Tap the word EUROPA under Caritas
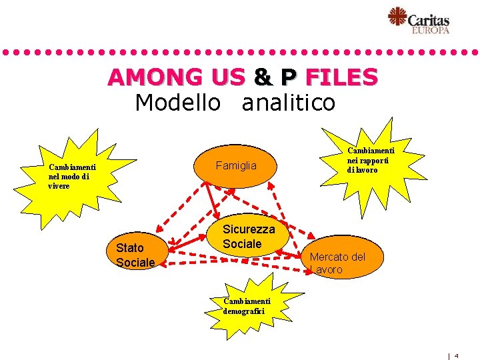tap(430, 30)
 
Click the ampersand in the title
tap(263, 77)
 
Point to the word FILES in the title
tap(341, 77)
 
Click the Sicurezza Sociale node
tap(248, 237)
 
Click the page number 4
tap(457, 356)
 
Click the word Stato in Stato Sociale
tap(130, 248)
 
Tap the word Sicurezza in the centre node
tap(248, 229)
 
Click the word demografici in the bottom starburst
tap(244, 311)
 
